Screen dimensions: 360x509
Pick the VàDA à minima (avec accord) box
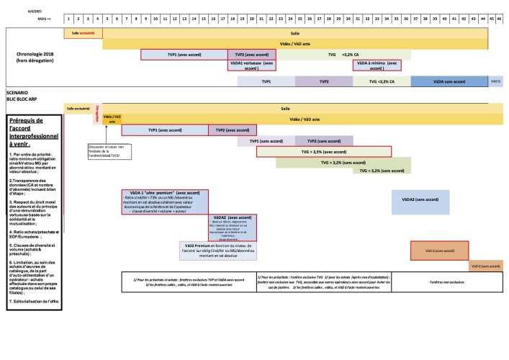pos(377,66)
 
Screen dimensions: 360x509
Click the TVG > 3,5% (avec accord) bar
pos(323,152)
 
